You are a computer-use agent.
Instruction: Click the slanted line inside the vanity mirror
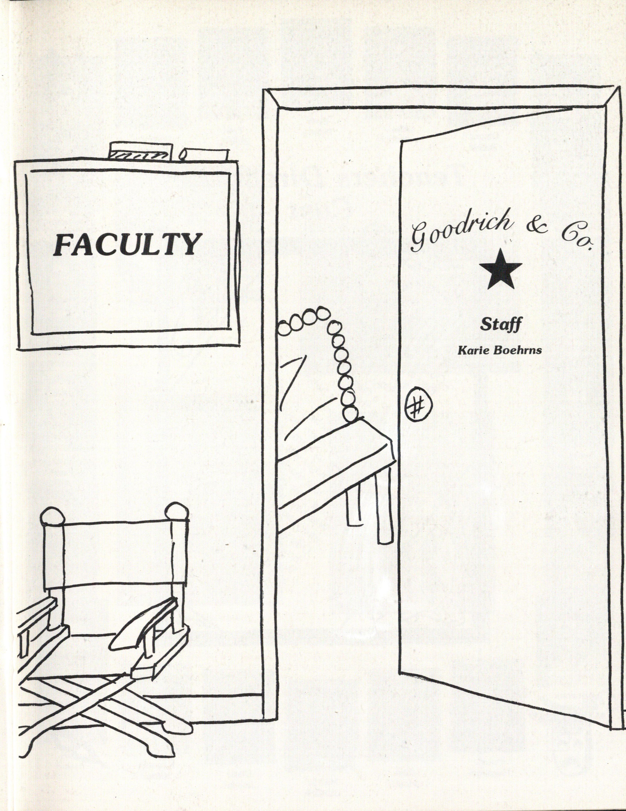pyautogui.click(x=290, y=384)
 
